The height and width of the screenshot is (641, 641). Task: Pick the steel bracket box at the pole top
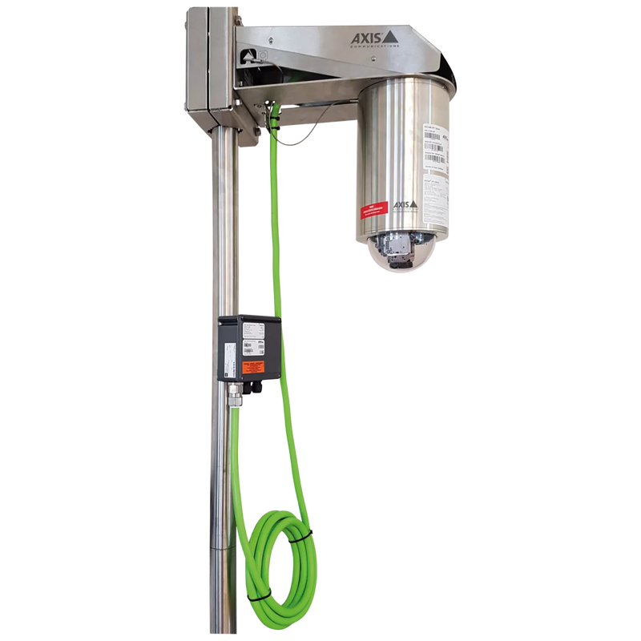[x=204, y=64]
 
